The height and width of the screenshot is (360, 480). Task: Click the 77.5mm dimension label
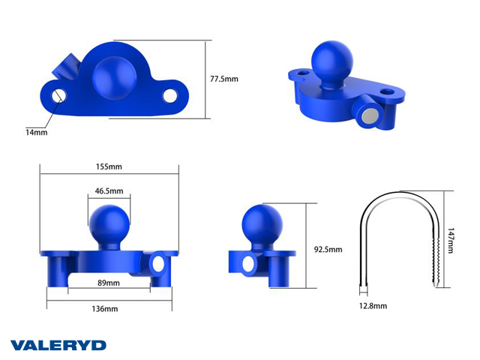point(224,79)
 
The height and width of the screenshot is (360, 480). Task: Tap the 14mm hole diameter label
point(37,133)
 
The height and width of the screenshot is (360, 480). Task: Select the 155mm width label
point(109,166)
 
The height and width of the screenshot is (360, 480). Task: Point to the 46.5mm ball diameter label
point(109,191)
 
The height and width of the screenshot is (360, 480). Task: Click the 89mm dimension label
point(109,283)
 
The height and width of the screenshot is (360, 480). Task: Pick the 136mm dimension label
point(105,309)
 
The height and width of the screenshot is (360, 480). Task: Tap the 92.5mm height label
point(328,250)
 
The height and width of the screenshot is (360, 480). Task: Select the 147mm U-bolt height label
point(450,241)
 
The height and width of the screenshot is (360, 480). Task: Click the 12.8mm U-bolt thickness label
point(373,306)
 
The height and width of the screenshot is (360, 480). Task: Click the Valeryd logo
point(58,345)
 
